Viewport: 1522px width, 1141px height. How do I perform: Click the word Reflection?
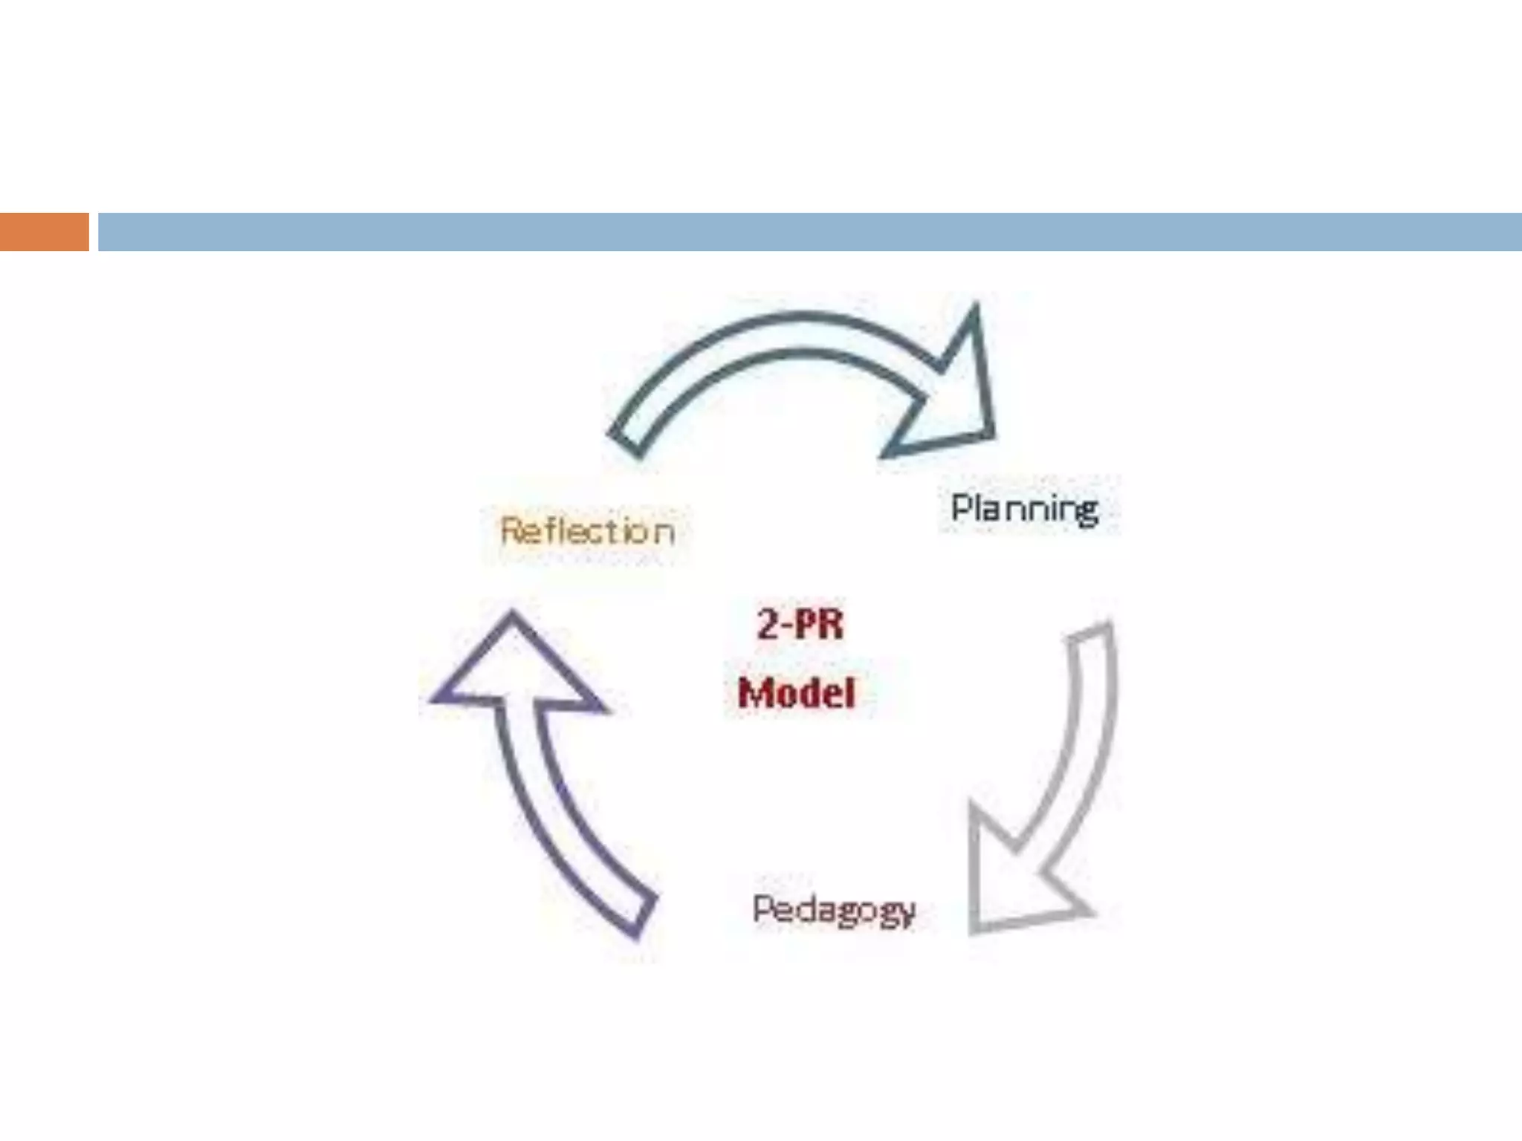[588, 531]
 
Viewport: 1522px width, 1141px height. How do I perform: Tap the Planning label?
[1025, 509]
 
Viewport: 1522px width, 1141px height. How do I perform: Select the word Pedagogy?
[833, 910]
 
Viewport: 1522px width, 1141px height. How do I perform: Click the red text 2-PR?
[800, 624]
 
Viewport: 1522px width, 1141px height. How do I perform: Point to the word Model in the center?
[797, 693]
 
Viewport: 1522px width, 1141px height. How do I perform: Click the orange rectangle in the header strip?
[44, 232]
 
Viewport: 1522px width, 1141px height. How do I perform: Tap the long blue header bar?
[809, 232]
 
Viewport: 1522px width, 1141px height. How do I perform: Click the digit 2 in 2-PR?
[768, 624]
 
